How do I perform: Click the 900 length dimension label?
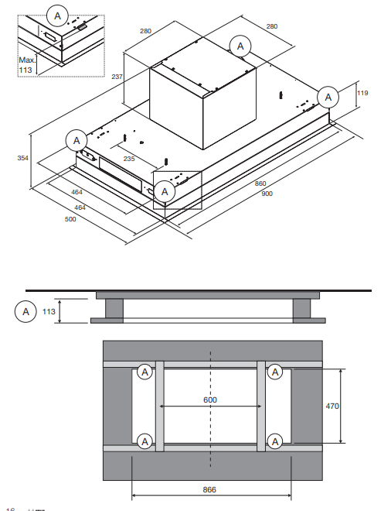[x=267, y=193]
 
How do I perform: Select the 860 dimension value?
[x=260, y=183]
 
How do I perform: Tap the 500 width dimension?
[x=70, y=219]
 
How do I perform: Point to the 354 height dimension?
[x=24, y=158]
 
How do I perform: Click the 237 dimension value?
[x=117, y=77]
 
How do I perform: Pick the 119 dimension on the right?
[x=362, y=94]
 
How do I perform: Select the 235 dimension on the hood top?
[x=129, y=158]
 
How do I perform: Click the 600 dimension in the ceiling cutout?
[x=210, y=400]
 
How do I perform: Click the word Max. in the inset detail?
[x=27, y=58]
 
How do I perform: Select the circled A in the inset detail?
[x=57, y=13]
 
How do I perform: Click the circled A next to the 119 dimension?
[x=328, y=96]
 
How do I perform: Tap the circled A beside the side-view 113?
[x=26, y=311]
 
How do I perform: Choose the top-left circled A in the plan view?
[x=144, y=372]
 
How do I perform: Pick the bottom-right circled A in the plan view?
[x=275, y=441]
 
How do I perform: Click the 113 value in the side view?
[x=50, y=311]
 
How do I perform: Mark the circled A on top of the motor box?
[x=241, y=46]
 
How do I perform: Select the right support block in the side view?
[x=303, y=308]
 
